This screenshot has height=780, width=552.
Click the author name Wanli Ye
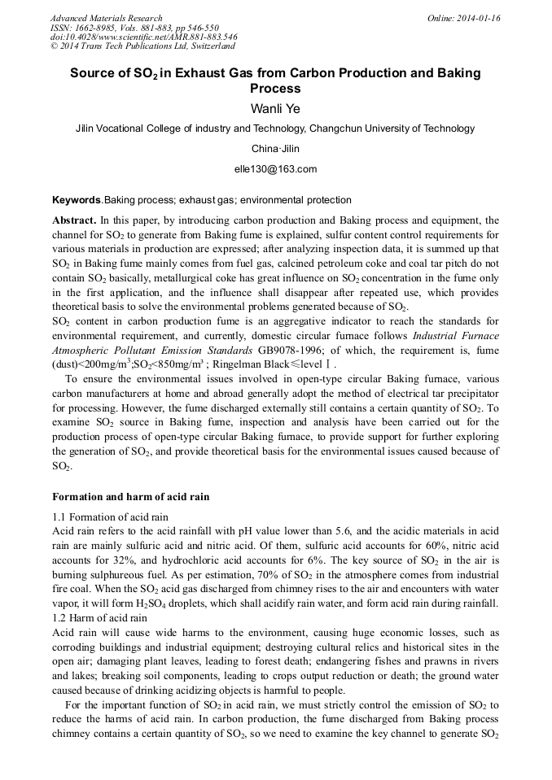tap(275, 108)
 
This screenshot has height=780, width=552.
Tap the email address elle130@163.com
tap(275, 169)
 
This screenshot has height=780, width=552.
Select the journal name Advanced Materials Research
tap(106, 18)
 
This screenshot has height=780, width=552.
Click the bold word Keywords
tap(76, 200)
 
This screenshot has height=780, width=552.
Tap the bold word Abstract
tap(74, 220)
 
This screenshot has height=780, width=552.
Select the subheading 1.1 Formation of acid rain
tap(110, 516)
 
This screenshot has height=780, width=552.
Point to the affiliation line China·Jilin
tap(275, 149)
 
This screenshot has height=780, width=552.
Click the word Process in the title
tap(275, 89)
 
